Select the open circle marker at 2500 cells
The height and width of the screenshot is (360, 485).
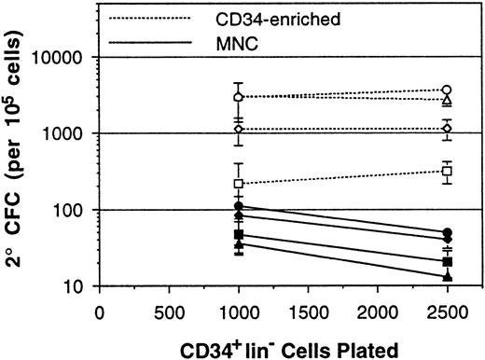point(448,90)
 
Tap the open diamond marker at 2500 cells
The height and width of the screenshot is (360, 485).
point(448,128)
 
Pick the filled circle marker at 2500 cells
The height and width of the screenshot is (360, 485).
point(448,232)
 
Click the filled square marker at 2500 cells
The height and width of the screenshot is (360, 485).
point(448,262)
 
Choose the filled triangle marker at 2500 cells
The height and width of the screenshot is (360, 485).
point(448,277)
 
